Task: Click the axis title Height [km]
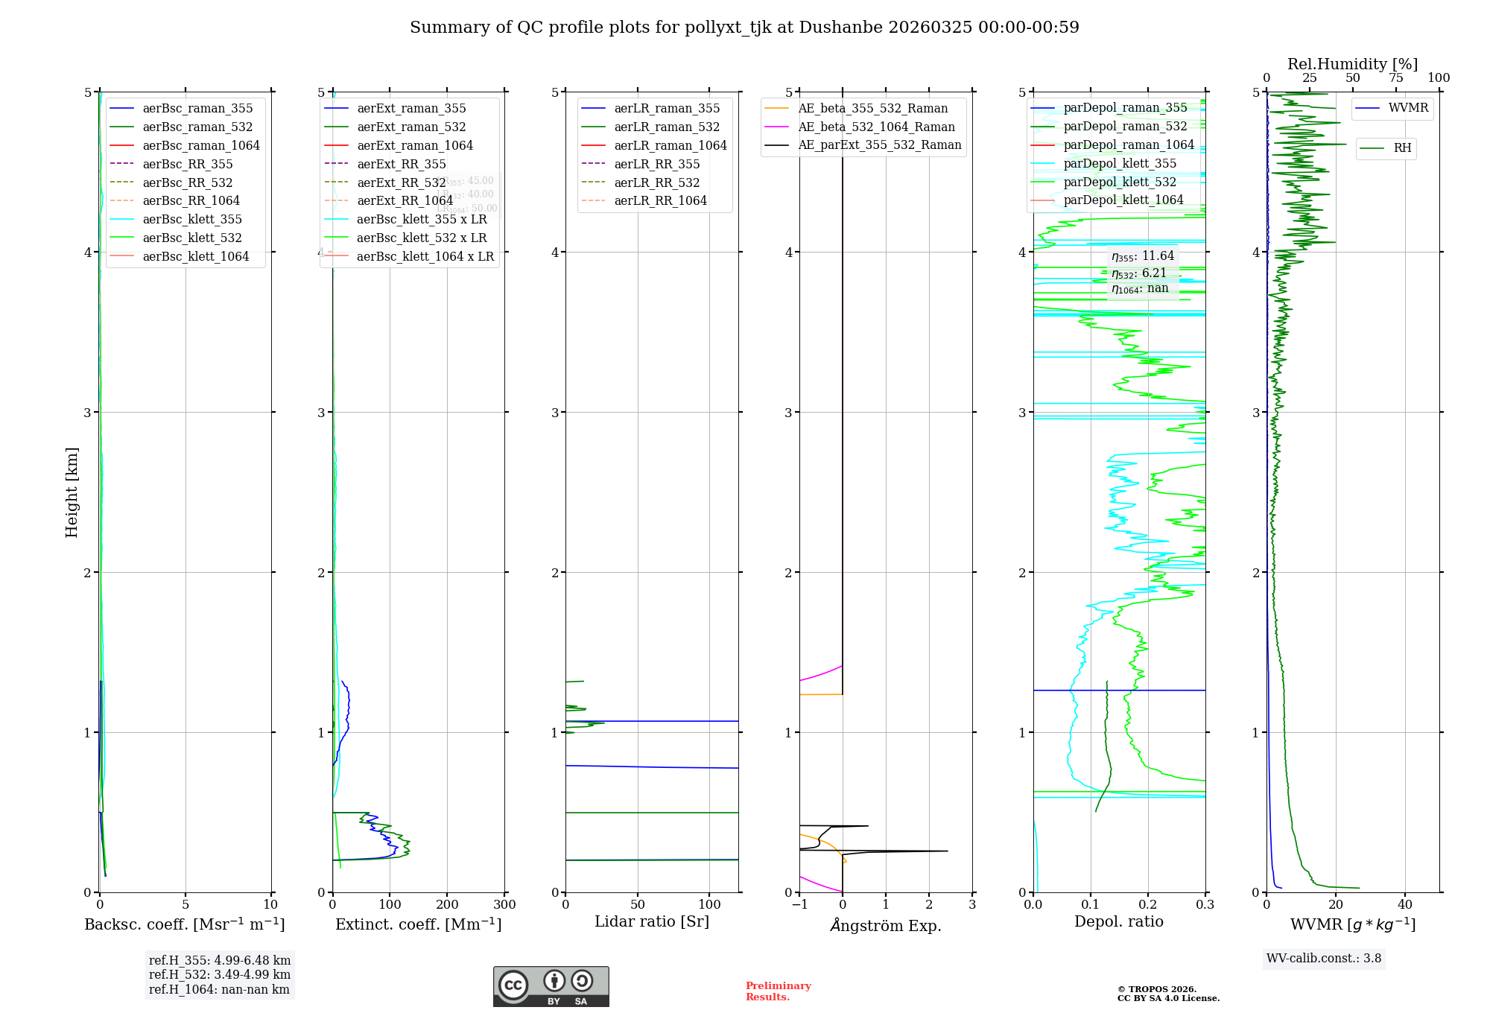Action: (72, 492)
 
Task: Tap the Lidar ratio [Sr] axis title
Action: (652, 922)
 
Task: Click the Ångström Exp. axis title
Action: (886, 925)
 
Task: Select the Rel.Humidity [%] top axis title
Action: (1352, 64)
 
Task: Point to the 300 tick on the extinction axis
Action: (505, 905)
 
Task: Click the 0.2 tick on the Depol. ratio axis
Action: (1148, 905)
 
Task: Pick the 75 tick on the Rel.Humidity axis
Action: (1396, 78)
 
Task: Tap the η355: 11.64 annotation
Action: (1143, 256)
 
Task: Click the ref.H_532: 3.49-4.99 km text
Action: (220, 975)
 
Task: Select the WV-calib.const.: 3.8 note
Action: (1324, 959)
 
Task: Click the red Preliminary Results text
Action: (778, 991)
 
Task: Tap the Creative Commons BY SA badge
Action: (551, 987)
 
